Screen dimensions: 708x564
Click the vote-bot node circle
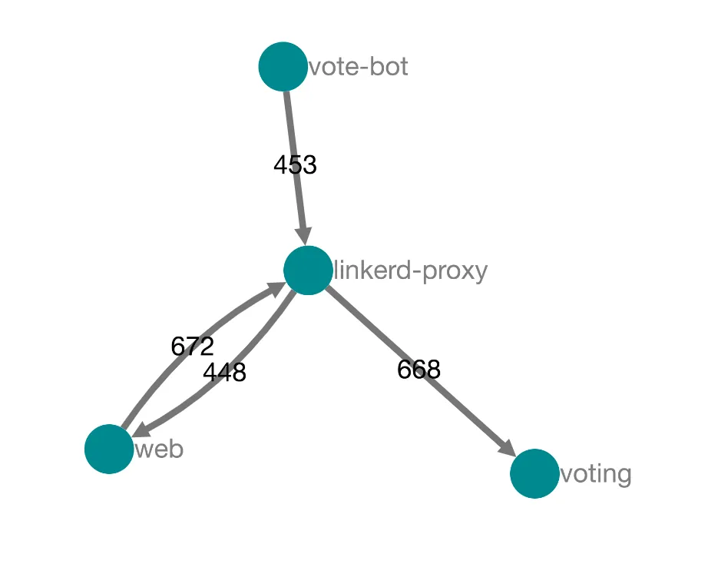[x=283, y=66]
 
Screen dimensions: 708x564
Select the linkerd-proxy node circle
[x=308, y=270]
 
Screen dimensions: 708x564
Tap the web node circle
[x=109, y=449]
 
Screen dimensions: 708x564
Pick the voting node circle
[x=534, y=473]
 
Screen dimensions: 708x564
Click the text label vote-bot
[x=359, y=67]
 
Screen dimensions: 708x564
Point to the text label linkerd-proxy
[x=411, y=271]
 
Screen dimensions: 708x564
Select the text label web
[x=160, y=450]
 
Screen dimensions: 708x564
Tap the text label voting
[x=596, y=475]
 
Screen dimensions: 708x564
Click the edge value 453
[x=296, y=164]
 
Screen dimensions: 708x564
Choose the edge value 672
[x=192, y=347]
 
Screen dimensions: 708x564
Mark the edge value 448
[x=224, y=373]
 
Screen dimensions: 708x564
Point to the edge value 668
[x=419, y=370]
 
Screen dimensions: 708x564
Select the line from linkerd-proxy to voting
[x=420, y=371]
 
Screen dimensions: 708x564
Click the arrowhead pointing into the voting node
[x=508, y=448]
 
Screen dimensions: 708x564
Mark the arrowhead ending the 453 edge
[x=304, y=237]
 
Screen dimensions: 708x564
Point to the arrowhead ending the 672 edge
[x=276, y=288]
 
